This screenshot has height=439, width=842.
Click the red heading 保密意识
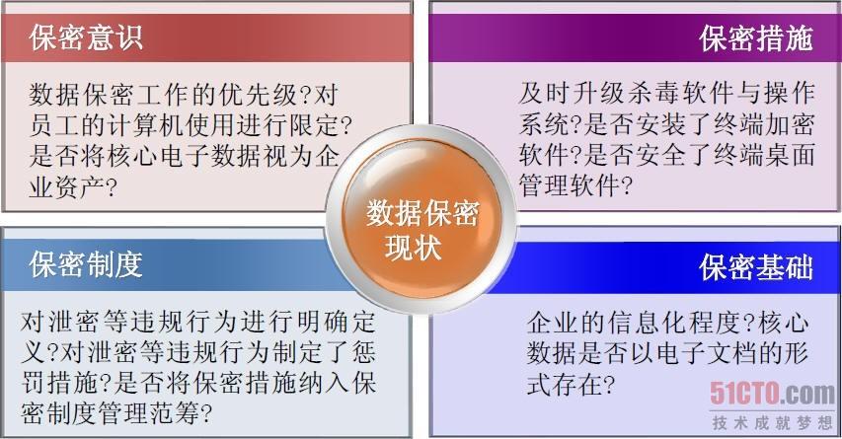(x=86, y=38)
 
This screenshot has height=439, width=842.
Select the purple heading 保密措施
(x=756, y=38)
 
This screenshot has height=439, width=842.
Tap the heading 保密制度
(x=86, y=264)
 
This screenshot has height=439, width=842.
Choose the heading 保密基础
(x=756, y=266)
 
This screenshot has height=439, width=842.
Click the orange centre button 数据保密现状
(x=421, y=219)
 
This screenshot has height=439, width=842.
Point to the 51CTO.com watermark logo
(x=772, y=394)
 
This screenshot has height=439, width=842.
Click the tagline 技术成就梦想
(x=772, y=423)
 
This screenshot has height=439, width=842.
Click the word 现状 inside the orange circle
(x=413, y=248)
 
